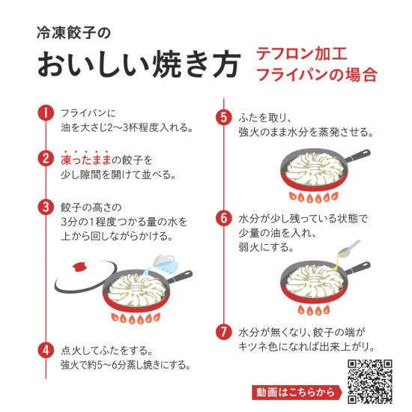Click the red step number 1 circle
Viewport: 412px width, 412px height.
click(x=46, y=112)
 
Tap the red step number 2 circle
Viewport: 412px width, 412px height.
click(x=46, y=159)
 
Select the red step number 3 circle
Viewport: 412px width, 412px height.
click(x=46, y=207)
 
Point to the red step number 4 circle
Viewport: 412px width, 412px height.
click(x=46, y=350)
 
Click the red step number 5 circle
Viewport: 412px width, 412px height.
click(x=224, y=117)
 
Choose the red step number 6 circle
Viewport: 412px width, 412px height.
click(x=224, y=218)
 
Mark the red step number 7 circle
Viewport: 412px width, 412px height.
click(x=224, y=332)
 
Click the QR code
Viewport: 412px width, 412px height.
click(x=370, y=381)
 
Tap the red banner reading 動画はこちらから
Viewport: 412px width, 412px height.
click(x=297, y=393)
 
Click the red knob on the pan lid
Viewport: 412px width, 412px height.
click(x=79, y=267)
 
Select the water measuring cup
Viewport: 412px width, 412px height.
click(x=165, y=264)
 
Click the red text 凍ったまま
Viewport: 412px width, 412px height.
click(x=86, y=160)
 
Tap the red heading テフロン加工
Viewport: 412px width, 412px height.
click(x=302, y=54)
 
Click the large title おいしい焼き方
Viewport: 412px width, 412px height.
click(x=139, y=64)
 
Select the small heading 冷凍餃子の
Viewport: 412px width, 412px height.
click(x=73, y=33)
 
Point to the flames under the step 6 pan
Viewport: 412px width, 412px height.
click(x=313, y=310)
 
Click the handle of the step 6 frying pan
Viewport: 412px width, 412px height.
click(x=357, y=268)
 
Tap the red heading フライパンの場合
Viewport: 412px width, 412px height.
click(x=317, y=75)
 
